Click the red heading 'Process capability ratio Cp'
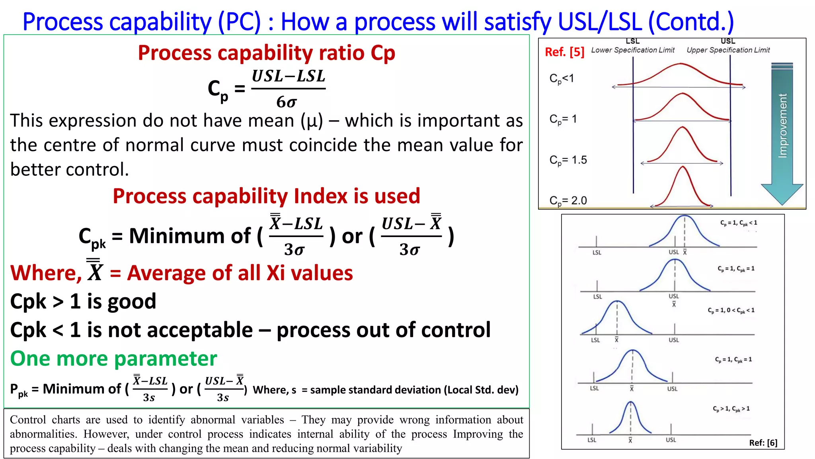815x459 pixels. point(266,53)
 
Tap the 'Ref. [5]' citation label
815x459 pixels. point(564,52)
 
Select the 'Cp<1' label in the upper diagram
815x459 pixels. point(562,78)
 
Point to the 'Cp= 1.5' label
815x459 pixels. point(568,160)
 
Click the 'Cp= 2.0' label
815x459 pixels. point(568,200)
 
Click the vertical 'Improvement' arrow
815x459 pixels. point(782,131)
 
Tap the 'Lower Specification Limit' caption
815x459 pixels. point(633,50)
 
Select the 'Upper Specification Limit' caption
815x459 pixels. point(728,50)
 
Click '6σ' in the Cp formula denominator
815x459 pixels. point(287,102)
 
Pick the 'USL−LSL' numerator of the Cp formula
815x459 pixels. point(289,76)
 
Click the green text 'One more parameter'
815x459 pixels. point(113,359)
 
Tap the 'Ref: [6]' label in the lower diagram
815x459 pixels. point(763,443)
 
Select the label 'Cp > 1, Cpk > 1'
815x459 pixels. point(731,409)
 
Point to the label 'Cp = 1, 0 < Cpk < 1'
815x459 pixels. point(731,310)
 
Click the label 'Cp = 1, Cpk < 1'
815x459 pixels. point(739,223)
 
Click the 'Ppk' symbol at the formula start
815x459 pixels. point(19,390)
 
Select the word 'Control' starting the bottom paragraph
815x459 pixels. point(27,420)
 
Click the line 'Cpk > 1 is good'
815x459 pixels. point(83,301)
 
